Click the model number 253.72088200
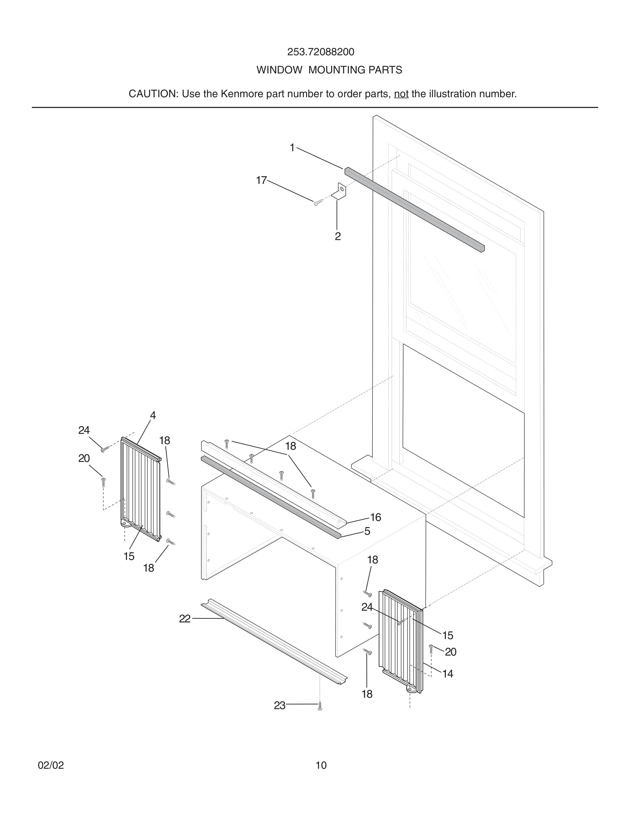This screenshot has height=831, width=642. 321,52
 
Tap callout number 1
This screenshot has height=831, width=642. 292,148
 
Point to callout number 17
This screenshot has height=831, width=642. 261,180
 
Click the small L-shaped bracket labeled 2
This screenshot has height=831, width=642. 340,191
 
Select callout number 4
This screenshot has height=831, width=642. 153,415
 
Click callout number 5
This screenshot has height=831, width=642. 367,531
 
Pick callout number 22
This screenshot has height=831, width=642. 185,619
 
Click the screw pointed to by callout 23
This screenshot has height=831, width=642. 320,706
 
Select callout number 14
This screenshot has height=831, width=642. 448,674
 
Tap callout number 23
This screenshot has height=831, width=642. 279,706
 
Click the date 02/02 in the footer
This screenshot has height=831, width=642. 51,766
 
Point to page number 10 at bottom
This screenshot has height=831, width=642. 321,766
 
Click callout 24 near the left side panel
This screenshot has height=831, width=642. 84,430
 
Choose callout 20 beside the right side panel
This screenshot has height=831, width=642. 450,652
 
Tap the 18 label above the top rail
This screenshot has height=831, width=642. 291,446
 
